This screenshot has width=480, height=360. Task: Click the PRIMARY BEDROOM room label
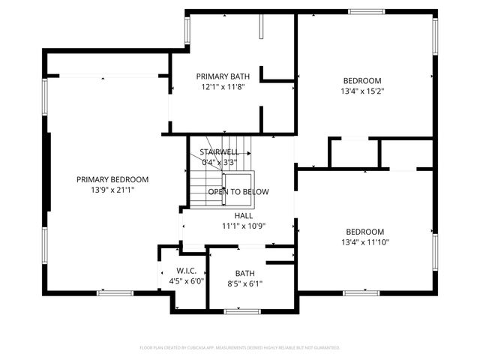112,180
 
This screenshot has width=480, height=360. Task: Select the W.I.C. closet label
186,270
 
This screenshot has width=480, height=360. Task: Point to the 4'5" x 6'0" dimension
186,280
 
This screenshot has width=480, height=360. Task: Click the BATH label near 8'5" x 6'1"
244,273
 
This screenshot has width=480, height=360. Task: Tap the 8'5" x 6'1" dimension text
244,283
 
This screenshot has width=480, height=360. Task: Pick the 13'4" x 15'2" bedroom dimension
362,91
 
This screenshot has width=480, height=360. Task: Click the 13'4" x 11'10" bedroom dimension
365,242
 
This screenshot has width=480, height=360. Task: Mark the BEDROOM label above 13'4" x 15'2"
362,81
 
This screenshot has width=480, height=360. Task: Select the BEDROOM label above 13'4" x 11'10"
364,232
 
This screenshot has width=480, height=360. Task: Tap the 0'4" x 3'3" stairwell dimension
220,161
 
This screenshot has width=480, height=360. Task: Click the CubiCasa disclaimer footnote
240,348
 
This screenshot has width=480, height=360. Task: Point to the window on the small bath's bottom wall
242,310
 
